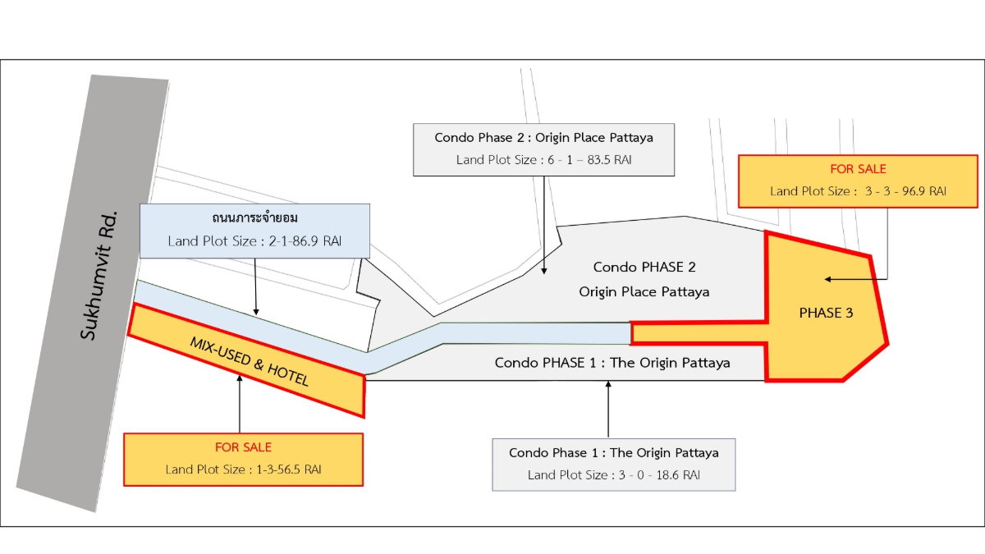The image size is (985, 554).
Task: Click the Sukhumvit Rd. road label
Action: pyautogui.click(x=99, y=276)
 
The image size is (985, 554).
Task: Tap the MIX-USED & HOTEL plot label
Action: pyautogui.click(x=250, y=361)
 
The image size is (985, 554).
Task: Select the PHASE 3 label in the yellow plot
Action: pyautogui.click(x=826, y=313)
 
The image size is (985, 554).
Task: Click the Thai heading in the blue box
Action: pyautogui.click(x=254, y=217)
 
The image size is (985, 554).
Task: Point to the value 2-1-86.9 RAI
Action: pyautogui.click(x=305, y=241)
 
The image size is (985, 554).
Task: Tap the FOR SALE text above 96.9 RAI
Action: pyautogui.click(x=858, y=169)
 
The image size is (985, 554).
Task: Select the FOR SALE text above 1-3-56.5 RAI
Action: pyautogui.click(x=243, y=447)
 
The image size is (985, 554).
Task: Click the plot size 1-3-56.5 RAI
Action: pyautogui.click(x=288, y=469)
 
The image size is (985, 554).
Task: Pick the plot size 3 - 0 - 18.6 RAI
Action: pyautogui.click(x=659, y=475)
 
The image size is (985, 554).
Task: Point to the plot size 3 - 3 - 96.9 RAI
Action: pyautogui.click(x=905, y=191)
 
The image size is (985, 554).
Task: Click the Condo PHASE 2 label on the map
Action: pyautogui.click(x=644, y=267)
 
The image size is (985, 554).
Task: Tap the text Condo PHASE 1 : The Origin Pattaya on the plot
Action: pyautogui.click(x=612, y=363)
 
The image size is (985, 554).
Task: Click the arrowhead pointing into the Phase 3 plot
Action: pyautogui.click(x=827, y=279)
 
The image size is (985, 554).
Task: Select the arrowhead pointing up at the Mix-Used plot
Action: pyautogui.click(x=240, y=378)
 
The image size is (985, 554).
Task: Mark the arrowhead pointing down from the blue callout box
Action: pyautogui.click(x=256, y=312)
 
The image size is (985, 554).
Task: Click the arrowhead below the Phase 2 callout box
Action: pyautogui.click(x=544, y=272)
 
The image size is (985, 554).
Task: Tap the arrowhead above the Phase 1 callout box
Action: pyautogui.click(x=608, y=384)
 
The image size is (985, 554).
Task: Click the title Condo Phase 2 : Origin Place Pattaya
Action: pyautogui.click(x=543, y=138)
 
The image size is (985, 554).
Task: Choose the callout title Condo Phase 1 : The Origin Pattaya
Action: pyautogui.click(x=614, y=453)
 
